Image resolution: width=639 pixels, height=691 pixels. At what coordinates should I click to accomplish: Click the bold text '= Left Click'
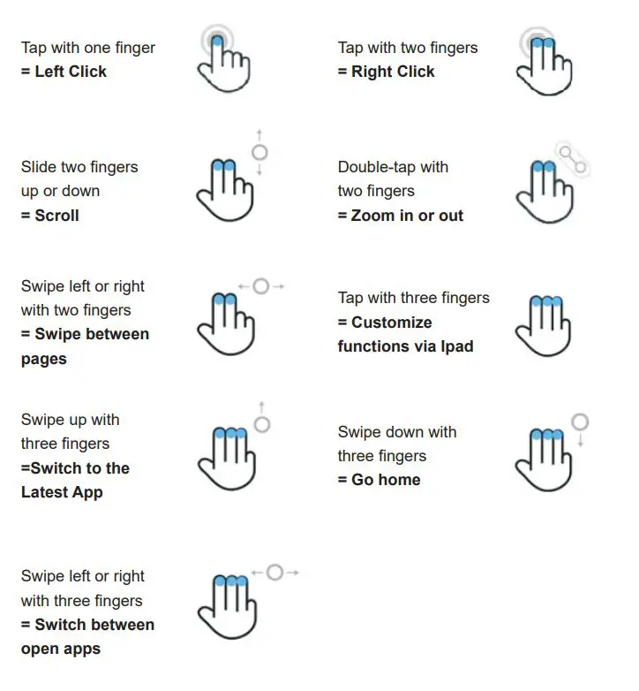click(x=64, y=72)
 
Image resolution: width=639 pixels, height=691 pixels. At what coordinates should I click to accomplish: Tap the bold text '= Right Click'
click(x=386, y=72)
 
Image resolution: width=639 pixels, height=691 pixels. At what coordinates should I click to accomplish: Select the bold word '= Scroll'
click(x=50, y=215)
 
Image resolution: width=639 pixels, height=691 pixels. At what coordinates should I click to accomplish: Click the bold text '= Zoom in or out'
click(x=400, y=215)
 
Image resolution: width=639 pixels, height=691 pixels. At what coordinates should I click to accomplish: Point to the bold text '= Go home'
click(x=379, y=480)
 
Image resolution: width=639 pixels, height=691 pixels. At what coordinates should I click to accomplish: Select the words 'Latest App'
click(x=62, y=492)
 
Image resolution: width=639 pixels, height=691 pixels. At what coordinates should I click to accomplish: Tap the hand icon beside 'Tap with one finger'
click(x=225, y=62)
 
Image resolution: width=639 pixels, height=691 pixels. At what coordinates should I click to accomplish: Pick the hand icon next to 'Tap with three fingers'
click(x=542, y=326)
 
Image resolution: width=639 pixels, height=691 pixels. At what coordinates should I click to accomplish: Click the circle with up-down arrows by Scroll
click(x=259, y=152)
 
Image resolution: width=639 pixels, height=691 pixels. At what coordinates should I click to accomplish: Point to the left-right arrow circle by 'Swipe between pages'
click(x=260, y=286)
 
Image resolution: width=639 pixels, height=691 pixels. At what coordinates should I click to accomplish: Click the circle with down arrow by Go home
click(x=579, y=422)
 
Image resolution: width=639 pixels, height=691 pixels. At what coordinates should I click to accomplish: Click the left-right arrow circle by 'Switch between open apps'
click(x=274, y=573)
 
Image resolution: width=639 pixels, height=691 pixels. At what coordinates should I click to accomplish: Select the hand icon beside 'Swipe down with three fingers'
click(x=542, y=459)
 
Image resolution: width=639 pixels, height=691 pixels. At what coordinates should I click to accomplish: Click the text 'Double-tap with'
click(x=393, y=167)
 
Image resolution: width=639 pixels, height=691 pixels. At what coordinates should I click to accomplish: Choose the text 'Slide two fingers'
click(x=79, y=167)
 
